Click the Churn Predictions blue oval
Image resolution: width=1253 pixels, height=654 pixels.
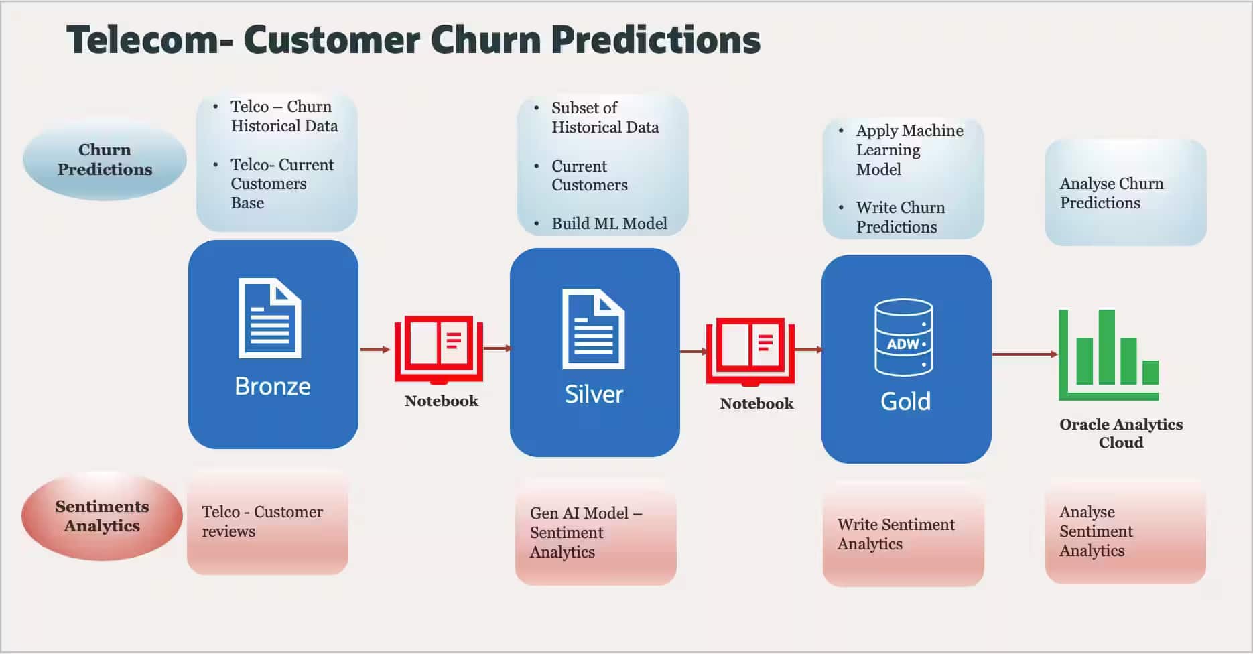[105, 159]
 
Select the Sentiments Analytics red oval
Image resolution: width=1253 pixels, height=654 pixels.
[102, 516]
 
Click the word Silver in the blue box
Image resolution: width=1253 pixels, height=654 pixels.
[594, 394]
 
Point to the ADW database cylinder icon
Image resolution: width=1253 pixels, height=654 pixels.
[903, 337]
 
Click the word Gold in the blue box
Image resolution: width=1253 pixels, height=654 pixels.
[905, 401]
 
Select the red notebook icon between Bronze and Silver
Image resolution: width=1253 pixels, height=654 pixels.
[438, 348]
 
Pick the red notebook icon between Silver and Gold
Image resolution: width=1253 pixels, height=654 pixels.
[750, 350]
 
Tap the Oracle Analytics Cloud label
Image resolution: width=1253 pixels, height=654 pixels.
[1120, 433]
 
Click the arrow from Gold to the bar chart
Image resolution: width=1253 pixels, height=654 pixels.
[1024, 354]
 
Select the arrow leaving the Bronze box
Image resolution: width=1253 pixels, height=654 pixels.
[375, 349]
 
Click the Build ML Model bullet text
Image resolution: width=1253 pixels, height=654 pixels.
[609, 224]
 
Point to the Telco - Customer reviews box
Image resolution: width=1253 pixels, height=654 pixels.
[267, 523]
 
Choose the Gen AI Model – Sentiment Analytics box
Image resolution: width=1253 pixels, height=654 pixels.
[595, 533]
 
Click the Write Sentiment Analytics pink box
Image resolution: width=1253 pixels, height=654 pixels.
[902, 535]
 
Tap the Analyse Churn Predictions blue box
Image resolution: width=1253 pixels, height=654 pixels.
[1125, 193]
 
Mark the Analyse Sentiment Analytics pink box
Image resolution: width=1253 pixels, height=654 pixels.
[1124, 532]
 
